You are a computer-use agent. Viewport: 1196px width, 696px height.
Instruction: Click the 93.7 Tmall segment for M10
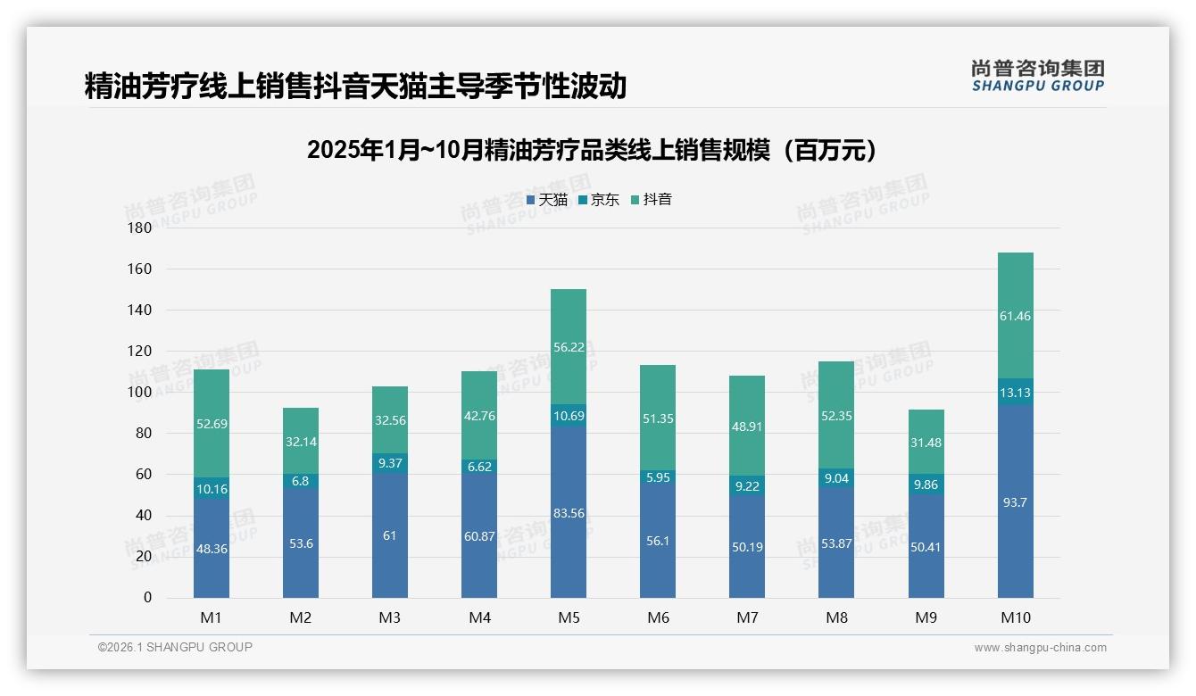pos(1015,502)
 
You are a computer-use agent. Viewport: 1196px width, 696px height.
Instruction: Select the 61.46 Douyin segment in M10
pos(1015,316)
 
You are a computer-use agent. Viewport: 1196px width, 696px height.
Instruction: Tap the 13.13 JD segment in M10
pos(1015,393)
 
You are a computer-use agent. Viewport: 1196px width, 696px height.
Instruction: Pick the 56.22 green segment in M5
pos(569,347)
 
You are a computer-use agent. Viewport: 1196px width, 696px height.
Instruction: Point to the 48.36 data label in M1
pos(212,549)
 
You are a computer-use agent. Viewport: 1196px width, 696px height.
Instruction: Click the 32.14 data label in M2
pos(301,441)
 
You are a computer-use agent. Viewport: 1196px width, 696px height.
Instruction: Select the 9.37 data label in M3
pos(390,463)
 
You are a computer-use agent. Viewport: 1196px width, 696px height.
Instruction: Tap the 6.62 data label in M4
pos(479,467)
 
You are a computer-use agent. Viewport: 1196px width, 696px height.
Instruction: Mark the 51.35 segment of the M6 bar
pos(658,419)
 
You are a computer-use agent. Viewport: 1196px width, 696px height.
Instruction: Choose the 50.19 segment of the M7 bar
pos(747,546)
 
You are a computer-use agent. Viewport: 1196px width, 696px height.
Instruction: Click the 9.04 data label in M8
pos(836,477)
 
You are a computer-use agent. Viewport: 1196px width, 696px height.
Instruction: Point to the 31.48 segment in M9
pos(926,443)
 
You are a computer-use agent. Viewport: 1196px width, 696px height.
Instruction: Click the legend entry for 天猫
pos(547,200)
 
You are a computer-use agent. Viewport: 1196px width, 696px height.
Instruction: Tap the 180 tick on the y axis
pos(140,228)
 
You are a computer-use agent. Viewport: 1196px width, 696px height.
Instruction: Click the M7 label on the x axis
pos(747,617)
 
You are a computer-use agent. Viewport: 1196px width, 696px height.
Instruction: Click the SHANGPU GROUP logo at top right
pos(1037,76)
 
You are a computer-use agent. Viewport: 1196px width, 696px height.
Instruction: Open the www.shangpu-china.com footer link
pos(1040,648)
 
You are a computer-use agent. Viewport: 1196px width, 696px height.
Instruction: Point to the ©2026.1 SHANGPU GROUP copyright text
pos(175,647)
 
